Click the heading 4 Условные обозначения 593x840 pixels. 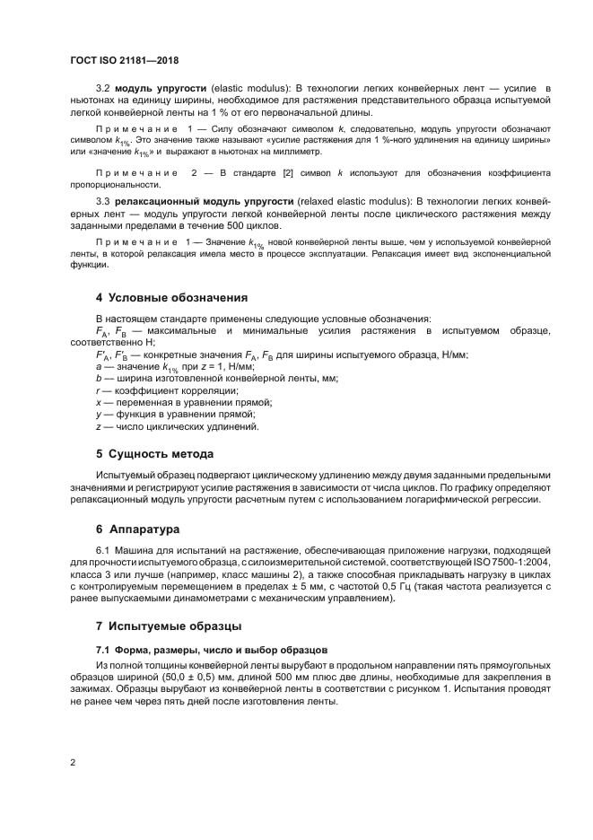click(171, 297)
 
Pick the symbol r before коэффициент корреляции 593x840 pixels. click(98, 390)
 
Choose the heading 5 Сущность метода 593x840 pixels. click(154, 453)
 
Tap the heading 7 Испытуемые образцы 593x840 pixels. click(169, 625)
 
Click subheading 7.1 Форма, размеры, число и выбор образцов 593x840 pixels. click(212, 648)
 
